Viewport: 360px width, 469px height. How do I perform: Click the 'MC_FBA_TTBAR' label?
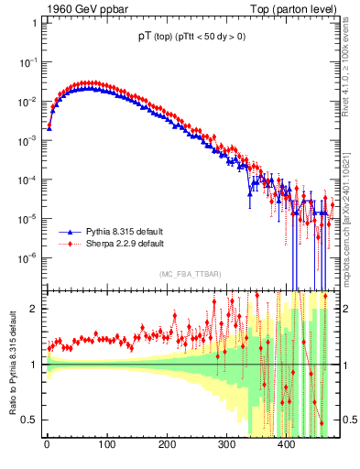click(188, 275)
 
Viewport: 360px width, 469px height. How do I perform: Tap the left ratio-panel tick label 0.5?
click(30, 420)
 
